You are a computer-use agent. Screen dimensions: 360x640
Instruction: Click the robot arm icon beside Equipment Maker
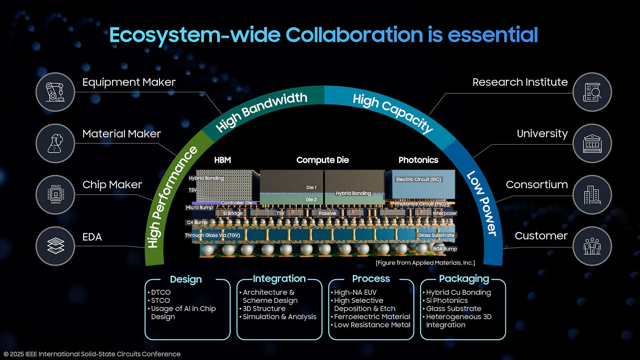click(55, 92)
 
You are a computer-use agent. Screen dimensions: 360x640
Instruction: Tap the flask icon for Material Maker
click(55, 143)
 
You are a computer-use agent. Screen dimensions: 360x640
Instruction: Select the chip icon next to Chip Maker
click(55, 194)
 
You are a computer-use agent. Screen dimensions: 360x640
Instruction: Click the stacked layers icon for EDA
click(55, 246)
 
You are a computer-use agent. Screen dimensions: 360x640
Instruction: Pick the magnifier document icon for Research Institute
click(592, 92)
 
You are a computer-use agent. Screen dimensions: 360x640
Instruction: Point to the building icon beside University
click(592, 143)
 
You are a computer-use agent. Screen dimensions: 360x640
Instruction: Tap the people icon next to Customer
click(592, 246)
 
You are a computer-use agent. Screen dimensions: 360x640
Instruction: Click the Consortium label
click(536, 185)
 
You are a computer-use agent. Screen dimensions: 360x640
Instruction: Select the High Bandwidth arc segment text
click(262, 112)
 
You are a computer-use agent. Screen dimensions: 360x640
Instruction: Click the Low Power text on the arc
click(481, 203)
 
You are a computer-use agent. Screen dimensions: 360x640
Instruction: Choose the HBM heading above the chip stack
click(222, 160)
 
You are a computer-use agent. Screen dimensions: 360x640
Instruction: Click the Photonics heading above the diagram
click(418, 160)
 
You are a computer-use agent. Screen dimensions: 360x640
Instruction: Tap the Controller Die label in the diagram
click(236, 203)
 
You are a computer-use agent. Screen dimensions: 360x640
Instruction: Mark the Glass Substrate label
click(436, 235)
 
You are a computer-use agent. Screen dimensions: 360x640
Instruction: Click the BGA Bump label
click(445, 249)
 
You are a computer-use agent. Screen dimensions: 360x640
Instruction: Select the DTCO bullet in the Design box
click(160, 292)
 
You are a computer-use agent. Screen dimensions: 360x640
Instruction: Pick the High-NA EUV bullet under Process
click(355, 292)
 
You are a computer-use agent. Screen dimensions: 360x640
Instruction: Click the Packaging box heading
click(464, 279)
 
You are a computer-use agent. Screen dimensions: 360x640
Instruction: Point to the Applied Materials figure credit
click(425, 263)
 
